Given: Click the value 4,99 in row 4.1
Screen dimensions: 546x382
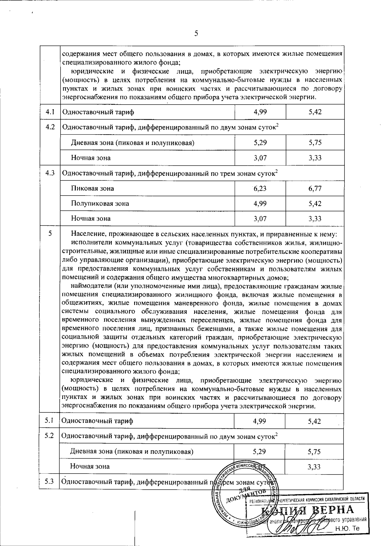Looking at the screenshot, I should (260, 112).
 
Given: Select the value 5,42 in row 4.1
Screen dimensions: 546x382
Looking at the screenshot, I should (315, 112).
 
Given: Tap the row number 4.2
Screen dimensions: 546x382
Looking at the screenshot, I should (50, 127).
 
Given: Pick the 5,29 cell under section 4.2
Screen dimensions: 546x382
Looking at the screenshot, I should (260, 142).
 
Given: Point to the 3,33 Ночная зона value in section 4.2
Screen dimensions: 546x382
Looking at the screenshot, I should (315, 158).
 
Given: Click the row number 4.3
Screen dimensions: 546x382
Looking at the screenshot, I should (50, 173).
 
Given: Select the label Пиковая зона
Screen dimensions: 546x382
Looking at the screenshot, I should (92, 188).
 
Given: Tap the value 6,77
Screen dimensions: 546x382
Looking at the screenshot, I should (315, 188).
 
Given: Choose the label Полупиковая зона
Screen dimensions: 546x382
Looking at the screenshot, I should (100, 203).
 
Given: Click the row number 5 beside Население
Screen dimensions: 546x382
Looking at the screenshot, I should (50, 233).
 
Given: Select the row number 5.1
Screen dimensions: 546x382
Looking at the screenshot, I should (49, 420).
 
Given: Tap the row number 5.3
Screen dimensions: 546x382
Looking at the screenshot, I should (49, 481).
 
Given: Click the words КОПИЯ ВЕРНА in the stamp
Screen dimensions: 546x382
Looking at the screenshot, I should (307, 510).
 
